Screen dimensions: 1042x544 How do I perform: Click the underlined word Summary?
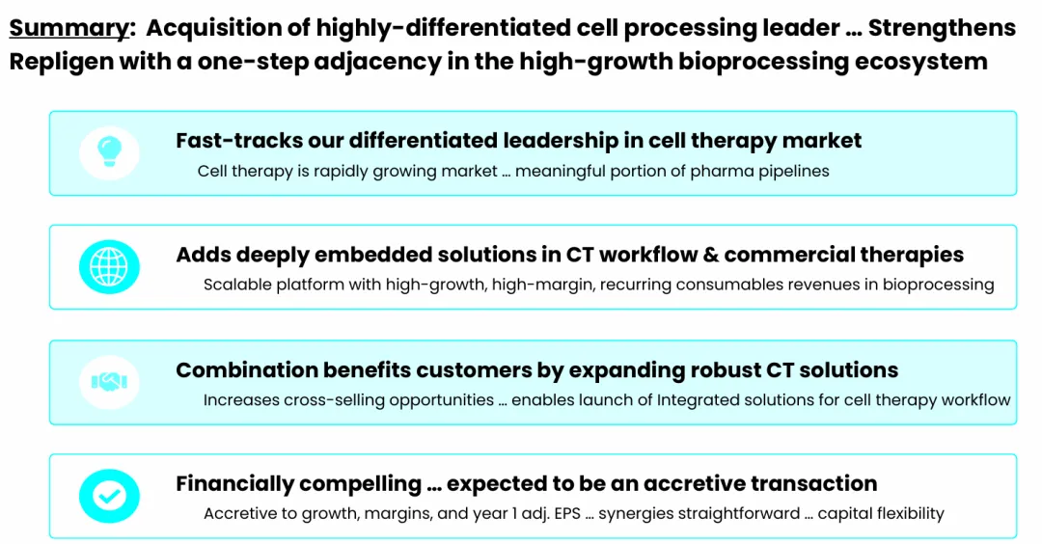click(69, 29)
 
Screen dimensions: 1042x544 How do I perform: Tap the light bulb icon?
click(109, 151)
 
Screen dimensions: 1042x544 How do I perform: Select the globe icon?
click(109, 266)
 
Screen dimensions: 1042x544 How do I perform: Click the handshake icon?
click(109, 381)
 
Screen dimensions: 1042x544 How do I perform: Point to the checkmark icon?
click(109, 496)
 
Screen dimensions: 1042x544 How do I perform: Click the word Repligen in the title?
click(60, 63)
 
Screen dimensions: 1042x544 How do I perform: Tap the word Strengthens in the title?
click(942, 28)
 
